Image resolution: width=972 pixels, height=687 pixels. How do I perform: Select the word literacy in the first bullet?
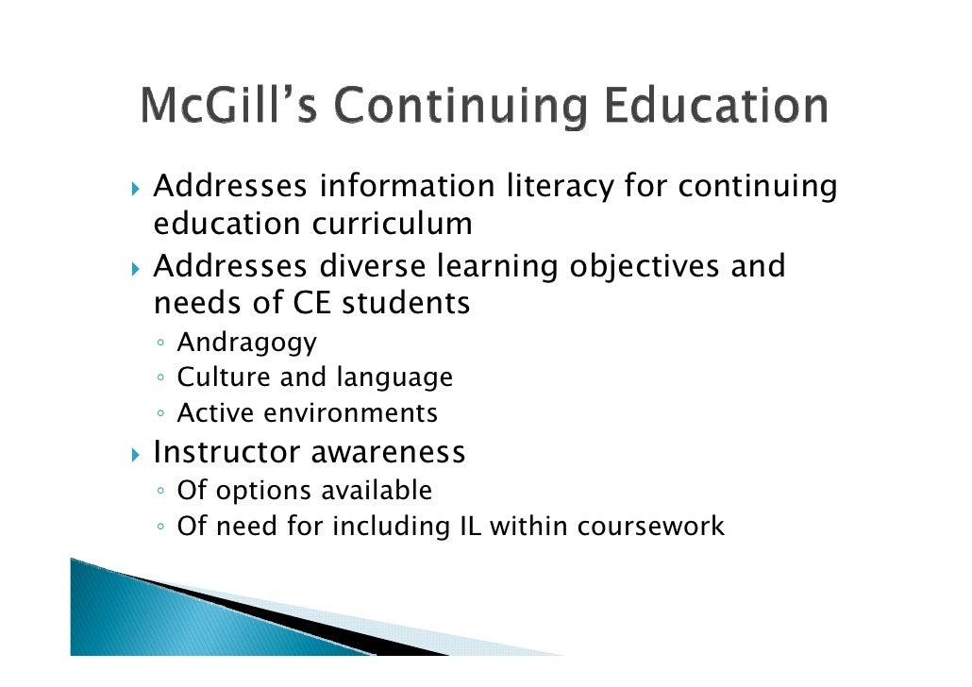(560, 186)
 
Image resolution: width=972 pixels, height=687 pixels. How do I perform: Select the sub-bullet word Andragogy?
(247, 343)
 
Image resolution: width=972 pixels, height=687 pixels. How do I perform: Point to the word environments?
(365, 413)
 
